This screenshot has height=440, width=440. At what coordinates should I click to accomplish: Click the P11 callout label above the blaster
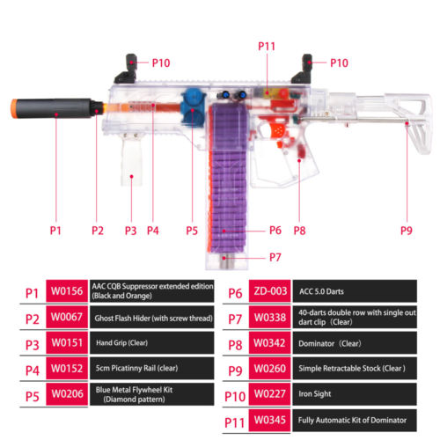coord(267,46)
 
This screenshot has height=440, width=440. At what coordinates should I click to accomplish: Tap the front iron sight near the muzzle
coord(127,70)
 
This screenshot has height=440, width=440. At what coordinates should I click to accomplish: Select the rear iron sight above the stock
coord(303,70)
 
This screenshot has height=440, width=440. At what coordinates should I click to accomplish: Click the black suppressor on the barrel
coord(55,108)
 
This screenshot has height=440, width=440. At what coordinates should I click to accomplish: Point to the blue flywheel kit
coord(193,107)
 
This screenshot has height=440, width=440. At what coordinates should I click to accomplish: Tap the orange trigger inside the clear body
coord(276,130)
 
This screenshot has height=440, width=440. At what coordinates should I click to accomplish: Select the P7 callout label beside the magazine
coord(275,257)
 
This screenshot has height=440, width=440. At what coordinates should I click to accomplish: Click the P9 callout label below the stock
coord(407,231)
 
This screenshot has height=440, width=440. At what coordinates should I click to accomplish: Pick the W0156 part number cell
coord(67,291)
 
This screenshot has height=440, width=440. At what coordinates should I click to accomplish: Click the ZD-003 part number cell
coord(270,291)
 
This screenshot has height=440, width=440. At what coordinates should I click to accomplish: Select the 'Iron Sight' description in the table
coord(315,394)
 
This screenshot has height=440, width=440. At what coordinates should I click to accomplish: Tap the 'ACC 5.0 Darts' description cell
coord(355,291)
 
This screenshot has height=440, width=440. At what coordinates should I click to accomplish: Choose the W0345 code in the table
coord(270,420)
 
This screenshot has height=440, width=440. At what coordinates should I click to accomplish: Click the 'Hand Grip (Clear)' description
coord(121,342)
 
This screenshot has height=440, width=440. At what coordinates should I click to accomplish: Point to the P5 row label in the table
coord(33,396)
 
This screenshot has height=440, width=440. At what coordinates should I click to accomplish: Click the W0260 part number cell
coord(270,369)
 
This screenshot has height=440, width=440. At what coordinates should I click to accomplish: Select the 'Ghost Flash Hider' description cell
coord(152,318)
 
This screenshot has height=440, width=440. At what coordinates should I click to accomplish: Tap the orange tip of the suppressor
coord(14,108)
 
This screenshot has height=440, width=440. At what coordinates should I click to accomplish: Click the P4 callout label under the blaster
coord(153,231)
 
